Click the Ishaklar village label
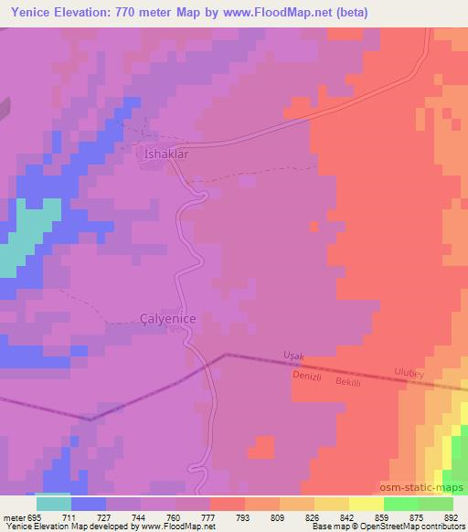click(x=166, y=154)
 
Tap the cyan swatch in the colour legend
click(x=53, y=503)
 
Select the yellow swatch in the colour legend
click(x=366, y=503)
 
